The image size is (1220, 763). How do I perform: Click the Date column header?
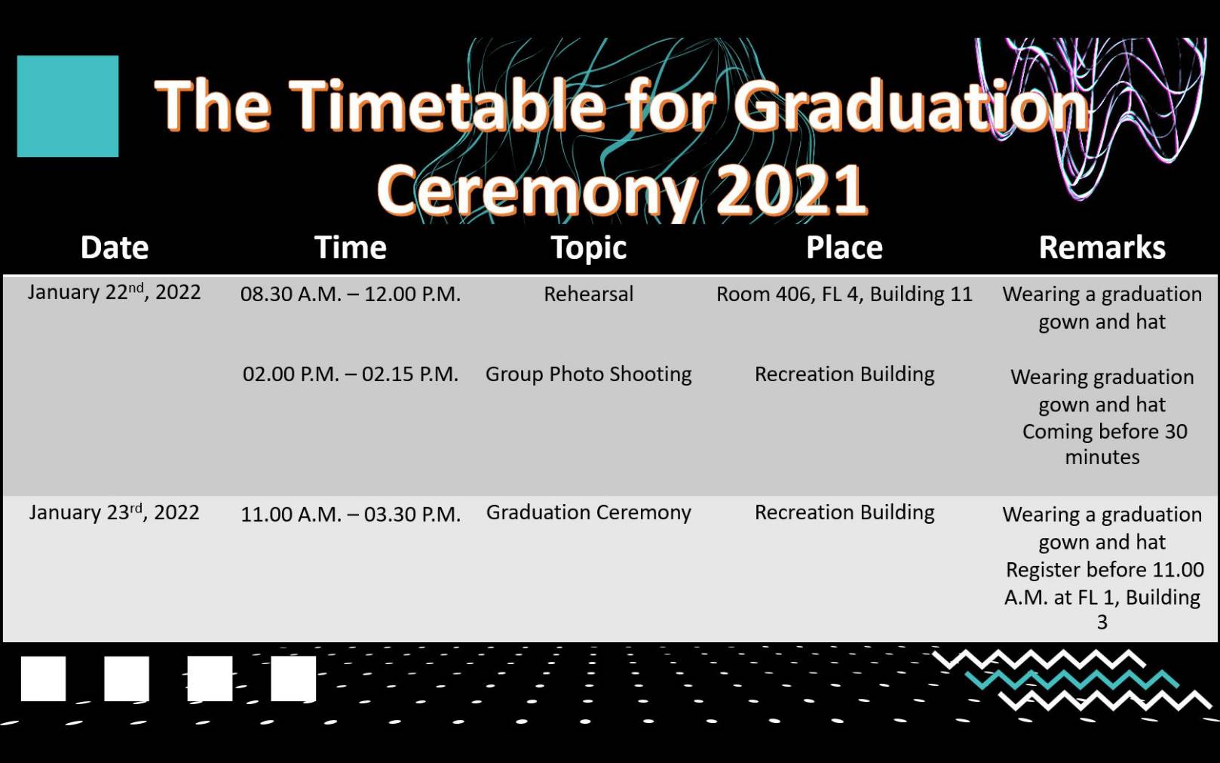tap(115, 248)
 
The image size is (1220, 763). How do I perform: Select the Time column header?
tap(350, 248)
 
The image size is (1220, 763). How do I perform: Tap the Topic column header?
tap(589, 249)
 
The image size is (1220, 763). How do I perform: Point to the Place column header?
tap(844, 248)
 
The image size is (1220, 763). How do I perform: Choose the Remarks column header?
tap(1102, 248)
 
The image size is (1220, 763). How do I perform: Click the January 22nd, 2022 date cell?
tap(115, 293)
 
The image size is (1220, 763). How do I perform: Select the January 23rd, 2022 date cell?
tap(115, 513)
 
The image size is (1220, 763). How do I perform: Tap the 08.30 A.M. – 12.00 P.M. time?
tap(350, 294)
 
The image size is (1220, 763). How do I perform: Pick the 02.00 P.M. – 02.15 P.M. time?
tap(350, 374)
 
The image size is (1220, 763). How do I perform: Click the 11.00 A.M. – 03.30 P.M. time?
tap(350, 515)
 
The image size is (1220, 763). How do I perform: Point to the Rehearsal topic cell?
tap(589, 294)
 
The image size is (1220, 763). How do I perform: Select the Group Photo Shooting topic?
tap(589, 375)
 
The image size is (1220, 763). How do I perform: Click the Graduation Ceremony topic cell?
tap(589, 513)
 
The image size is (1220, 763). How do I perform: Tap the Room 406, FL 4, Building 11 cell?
tap(844, 295)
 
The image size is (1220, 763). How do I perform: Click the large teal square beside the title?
tap(68, 106)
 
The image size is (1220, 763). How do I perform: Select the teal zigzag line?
tap(1072, 680)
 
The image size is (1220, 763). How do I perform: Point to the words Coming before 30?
tap(1105, 432)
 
